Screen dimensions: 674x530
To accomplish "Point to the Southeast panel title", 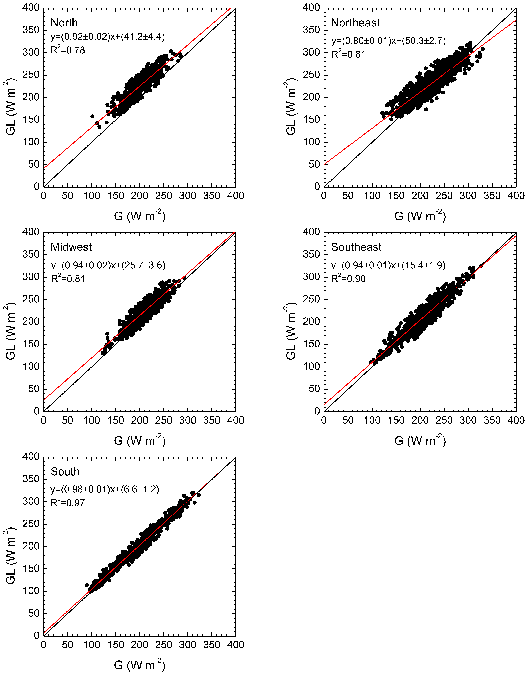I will pyautogui.click(x=356, y=247).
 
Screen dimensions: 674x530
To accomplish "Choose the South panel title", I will pyautogui.click(x=65, y=472).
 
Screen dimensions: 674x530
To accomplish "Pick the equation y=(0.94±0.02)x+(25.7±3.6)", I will pyautogui.click(x=108, y=265).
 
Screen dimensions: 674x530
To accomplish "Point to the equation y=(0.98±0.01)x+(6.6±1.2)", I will pyautogui.click(x=105, y=489).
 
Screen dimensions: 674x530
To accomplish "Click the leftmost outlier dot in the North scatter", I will pyautogui.click(x=92, y=116).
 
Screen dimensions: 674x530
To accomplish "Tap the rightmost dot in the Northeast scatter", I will pyautogui.click(x=482, y=49).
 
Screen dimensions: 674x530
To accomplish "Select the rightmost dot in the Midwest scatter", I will pyautogui.click(x=184, y=278).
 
